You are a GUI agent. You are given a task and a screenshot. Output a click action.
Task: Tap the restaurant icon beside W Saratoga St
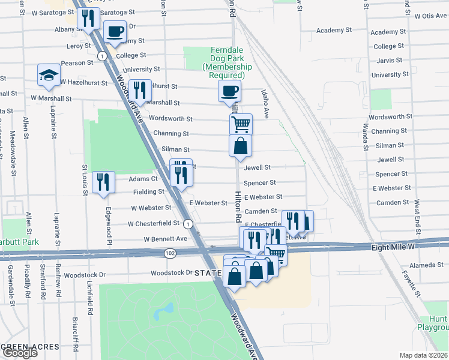[x=88, y=19]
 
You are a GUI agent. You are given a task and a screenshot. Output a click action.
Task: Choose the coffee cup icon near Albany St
[x=114, y=31]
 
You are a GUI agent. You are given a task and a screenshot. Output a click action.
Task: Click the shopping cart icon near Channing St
[x=240, y=125]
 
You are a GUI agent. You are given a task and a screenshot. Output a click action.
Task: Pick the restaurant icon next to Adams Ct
[x=104, y=181]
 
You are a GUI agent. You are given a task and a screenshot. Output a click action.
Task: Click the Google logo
[x=19, y=353]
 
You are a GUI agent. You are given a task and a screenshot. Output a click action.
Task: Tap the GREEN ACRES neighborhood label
[x=30, y=347]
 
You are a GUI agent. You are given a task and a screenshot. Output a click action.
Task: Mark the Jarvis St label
[x=390, y=61]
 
